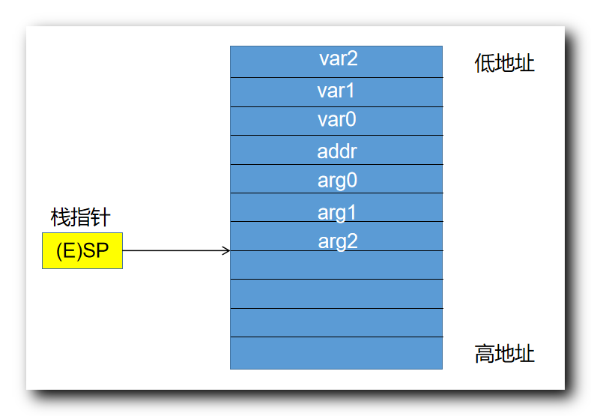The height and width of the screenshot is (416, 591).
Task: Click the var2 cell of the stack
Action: click(336, 61)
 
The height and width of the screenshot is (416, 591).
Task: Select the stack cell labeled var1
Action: click(336, 91)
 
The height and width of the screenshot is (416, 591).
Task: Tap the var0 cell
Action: click(336, 121)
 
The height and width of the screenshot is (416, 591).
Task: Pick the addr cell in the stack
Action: click(336, 151)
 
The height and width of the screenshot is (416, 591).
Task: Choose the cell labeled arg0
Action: click(336, 180)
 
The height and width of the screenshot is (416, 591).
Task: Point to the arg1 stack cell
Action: click(336, 212)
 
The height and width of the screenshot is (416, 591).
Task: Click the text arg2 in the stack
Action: click(337, 241)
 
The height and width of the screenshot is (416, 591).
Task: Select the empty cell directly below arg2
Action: click(336, 265)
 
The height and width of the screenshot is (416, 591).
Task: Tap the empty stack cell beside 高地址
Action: click(336, 353)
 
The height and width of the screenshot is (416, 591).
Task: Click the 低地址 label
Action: click(504, 64)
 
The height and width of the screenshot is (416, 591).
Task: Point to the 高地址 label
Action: click(504, 354)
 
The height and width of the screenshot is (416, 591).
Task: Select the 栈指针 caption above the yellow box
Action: click(80, 217)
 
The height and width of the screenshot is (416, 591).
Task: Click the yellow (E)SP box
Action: click(82, 250)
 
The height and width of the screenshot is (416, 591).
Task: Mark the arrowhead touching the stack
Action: click(226, 250)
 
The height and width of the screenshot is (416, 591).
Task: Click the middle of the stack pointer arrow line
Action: click(175, 250)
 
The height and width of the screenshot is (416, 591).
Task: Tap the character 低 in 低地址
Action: click(484, 64)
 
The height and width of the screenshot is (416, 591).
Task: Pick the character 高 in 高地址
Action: click(484, 354)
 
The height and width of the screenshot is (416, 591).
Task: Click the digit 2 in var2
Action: click(352, 59)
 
